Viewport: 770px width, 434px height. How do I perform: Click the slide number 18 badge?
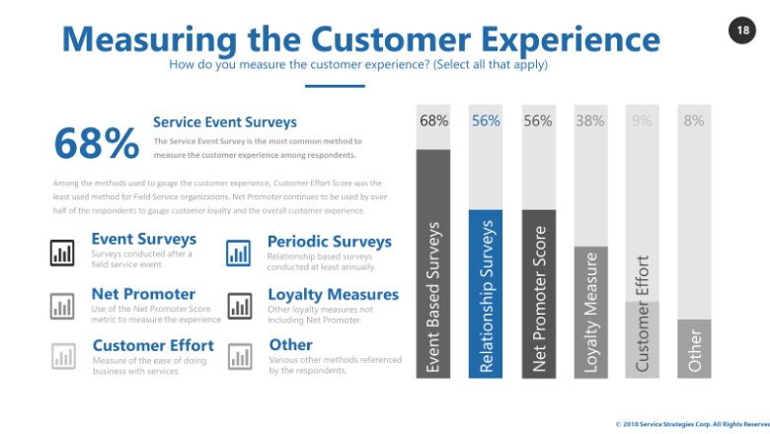(741, 31)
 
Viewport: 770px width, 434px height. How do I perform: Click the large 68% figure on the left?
(97, 144)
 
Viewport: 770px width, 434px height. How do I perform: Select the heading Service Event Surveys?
(225, 123)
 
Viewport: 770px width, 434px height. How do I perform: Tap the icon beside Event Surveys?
(63, 253)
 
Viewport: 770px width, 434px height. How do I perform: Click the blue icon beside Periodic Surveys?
(239, 253)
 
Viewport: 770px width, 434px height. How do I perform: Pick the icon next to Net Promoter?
(63, 306)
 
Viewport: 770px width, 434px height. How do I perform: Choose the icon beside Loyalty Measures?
(239, 306)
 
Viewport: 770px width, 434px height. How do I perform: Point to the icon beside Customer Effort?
(63, 356)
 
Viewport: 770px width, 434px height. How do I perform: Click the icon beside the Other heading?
(239, 356)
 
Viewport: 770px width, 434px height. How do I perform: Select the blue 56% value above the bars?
(486, 121)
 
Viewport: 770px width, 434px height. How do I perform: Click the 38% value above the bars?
(590, 121)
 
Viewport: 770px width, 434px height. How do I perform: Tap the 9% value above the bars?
(643, 121)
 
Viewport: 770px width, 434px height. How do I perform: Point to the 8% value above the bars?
(694, 121)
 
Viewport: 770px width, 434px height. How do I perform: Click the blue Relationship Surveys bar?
(486, 293)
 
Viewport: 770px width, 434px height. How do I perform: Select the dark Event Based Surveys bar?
(433, 262)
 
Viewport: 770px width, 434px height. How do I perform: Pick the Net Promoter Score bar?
(538, 293)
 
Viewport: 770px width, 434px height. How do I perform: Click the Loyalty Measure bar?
(590, 312)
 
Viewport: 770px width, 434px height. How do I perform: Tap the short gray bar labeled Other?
(695, 347)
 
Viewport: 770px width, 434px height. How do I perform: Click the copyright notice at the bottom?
(692, 424)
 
